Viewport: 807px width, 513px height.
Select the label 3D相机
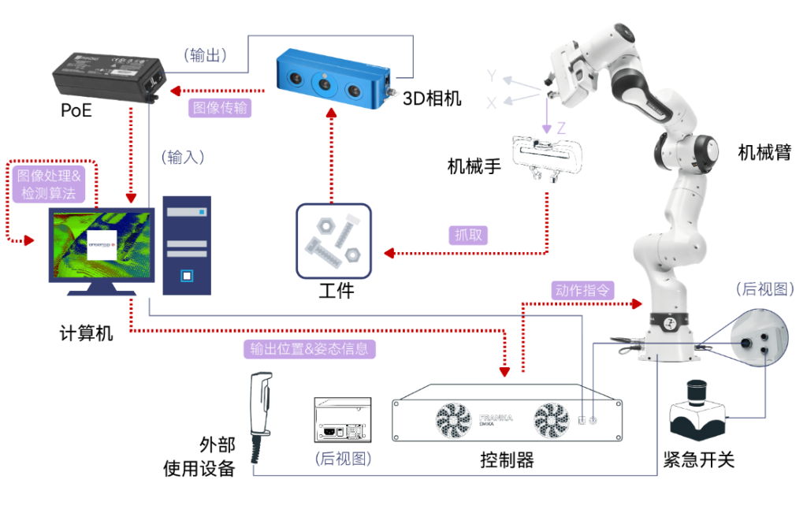(x=432, y=99)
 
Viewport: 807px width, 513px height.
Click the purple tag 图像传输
(x=221, y=108)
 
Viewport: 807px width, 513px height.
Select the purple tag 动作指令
(x=583, y=290)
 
